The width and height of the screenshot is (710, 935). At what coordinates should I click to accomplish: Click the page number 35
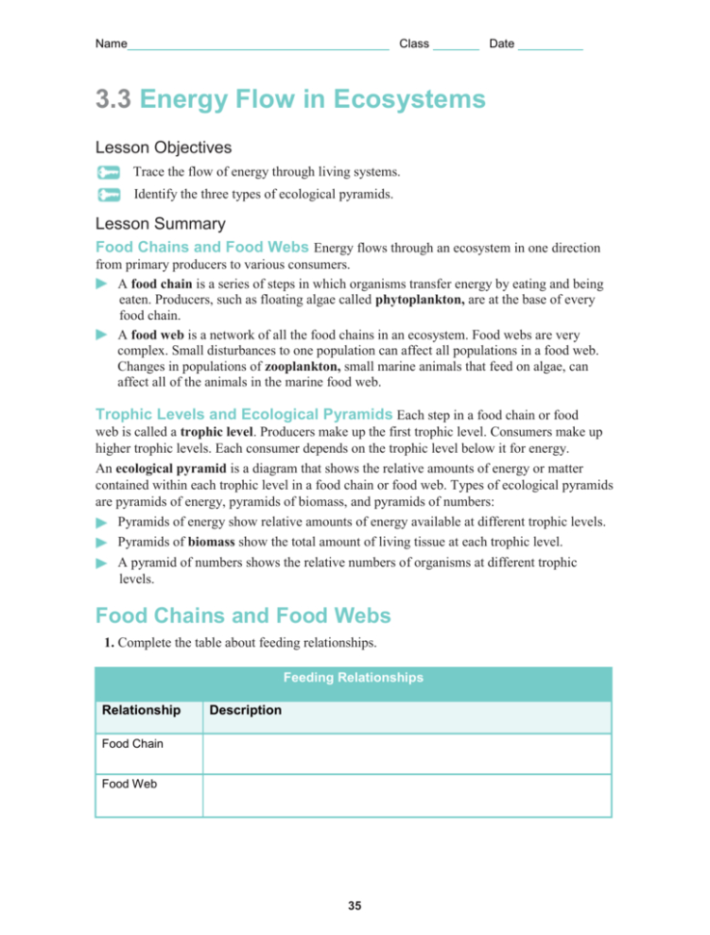coord(354,906)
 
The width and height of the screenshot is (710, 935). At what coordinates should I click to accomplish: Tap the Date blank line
coord(550,45)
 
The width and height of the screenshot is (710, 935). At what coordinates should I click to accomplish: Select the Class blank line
coord(456,45)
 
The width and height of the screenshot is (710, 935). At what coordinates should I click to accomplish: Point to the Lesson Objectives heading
coord(163,147)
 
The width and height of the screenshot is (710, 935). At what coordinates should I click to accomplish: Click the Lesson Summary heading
coord(160,224)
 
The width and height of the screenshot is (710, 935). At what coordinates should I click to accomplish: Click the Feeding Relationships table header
coord(353,678)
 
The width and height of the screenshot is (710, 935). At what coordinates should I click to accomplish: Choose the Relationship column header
coord(141,710)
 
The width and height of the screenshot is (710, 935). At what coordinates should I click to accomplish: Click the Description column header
coord(245,710)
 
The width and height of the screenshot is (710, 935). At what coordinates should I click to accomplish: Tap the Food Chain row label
coord(132,744)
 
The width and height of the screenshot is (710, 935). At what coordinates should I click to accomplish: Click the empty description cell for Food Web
coord(406,795)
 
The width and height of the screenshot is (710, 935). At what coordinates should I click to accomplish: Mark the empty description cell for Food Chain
coord(406,753)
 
